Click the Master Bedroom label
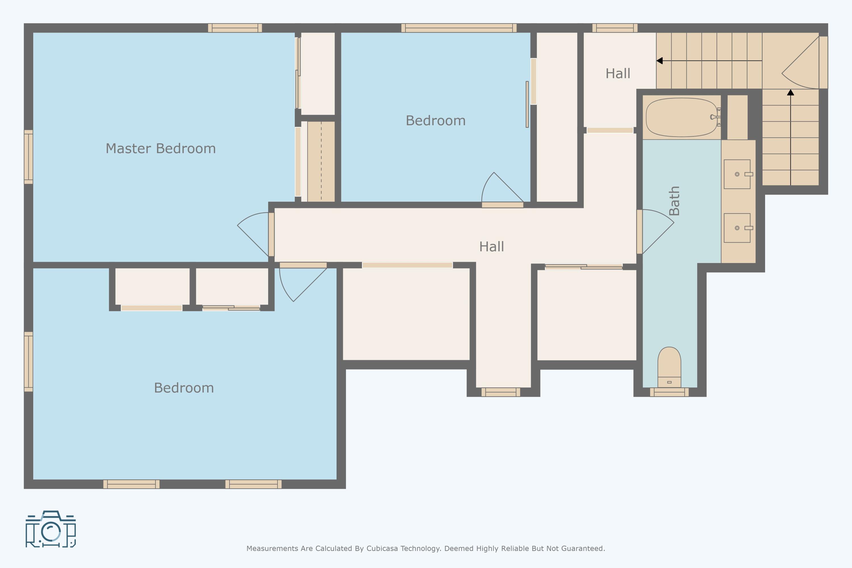click(160, 149)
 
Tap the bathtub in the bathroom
click(682, 117)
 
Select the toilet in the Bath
click(669, 367)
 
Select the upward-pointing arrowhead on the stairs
click(790, 92)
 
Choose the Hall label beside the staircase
click(618, 74)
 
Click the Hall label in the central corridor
click(492, 247)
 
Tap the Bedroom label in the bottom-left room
click(184, 388)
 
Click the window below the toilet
click(669, 392)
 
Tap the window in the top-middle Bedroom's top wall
click(459, 28)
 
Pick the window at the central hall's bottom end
click(501, 392)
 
